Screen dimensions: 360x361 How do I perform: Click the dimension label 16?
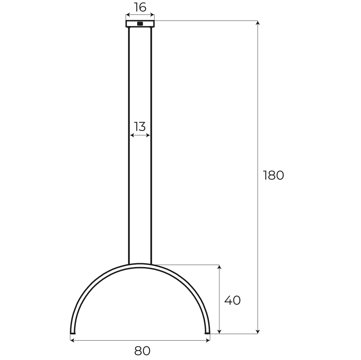click(x=140, y=7)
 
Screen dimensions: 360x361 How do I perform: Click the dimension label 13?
click(x=140, y=127)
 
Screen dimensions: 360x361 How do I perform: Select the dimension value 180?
click(x=274, y=175)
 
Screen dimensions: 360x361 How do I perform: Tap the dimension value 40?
click(x=232, y=300)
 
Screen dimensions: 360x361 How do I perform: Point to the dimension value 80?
click(x=142, y=350)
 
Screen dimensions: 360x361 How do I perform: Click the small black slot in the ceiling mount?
click(x=140, y=24)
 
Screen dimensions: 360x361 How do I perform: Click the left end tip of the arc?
click(x=73, y=333)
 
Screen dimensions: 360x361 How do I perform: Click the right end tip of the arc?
click(x=207, y=333)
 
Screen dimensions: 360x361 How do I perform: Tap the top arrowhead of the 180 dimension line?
click(x=257, y=23)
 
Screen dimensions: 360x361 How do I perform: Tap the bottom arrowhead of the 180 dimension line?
click(x=257, y=332)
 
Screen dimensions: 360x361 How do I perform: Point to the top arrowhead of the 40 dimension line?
click(x=219, y=267)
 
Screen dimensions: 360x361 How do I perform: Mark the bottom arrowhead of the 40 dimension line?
click(x=219, y=332)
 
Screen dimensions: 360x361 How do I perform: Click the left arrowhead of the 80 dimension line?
click(x=72, y=340)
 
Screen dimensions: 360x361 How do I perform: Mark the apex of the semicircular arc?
click(x=140, y=265)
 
